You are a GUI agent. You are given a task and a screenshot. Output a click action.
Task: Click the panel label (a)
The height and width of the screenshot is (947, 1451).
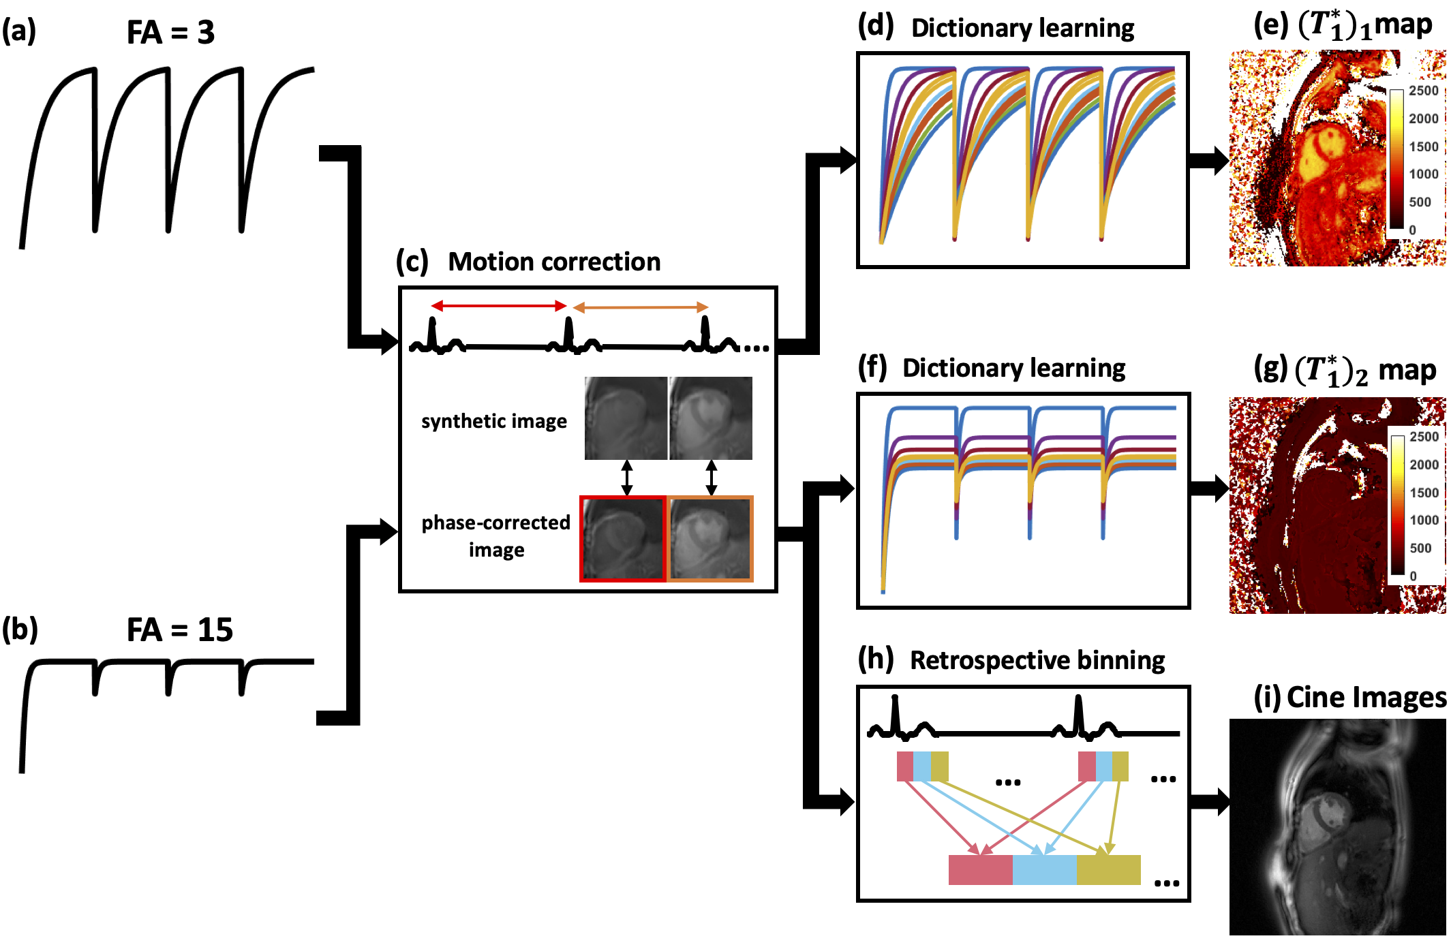[18, 31]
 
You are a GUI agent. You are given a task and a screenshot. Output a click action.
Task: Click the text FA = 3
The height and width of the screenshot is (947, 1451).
[170, 32]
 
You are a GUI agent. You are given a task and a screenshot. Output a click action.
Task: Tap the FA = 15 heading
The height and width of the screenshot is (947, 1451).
[180, 630]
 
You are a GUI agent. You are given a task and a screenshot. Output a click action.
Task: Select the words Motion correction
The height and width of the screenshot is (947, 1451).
[554, 262]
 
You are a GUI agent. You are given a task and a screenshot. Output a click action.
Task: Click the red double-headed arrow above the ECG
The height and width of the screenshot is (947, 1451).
[499, 306]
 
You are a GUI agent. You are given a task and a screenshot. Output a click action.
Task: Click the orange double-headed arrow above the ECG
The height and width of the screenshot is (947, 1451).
[641, 307]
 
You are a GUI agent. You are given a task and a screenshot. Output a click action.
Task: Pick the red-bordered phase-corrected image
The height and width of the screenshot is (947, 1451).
[622, 539]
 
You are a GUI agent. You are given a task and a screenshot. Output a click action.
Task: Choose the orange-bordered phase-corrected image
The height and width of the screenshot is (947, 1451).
[709, 539]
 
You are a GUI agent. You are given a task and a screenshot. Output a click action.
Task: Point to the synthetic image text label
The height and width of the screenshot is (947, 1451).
[493, 421]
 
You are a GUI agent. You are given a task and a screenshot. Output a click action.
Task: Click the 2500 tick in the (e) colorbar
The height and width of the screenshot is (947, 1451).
[1423, 91]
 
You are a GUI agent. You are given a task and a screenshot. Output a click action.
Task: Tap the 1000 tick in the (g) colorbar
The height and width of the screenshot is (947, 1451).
[1424, 520]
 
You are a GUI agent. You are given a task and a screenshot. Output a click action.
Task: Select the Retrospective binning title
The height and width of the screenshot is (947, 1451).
[1037, 660]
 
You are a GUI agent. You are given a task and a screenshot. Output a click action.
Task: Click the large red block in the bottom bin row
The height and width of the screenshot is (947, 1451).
[980, 870]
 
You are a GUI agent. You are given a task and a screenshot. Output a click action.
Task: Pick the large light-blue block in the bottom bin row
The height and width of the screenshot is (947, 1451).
[1044, 870]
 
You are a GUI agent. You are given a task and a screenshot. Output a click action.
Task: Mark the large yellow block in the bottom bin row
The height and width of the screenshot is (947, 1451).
[1108, 870]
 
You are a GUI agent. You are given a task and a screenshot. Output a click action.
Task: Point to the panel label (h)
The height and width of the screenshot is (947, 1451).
[876, 659]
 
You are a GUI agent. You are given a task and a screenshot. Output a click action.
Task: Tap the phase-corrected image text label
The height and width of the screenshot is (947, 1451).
[495, 535]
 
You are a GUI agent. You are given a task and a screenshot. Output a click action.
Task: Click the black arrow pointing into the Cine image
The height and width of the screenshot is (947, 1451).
[1210, 802]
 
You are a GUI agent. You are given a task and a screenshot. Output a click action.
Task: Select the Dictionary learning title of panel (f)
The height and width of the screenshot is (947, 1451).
[1013, 368]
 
